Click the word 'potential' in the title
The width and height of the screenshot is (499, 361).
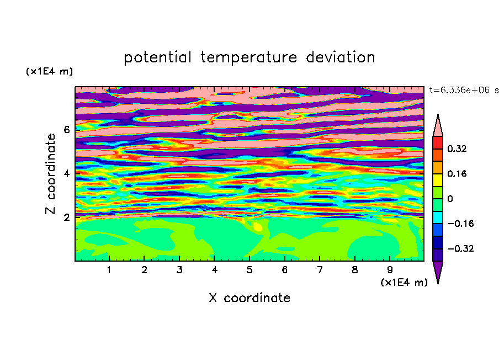[157, 58]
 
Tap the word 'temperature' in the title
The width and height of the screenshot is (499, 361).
[249, 58]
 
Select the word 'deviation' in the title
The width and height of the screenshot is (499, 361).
[341, 57]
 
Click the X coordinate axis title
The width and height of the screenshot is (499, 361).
[250, 298]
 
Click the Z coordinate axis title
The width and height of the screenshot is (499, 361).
[51, 174]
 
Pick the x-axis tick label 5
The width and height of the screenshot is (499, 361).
[250, 270]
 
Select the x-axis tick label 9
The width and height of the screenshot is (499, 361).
[390, 270]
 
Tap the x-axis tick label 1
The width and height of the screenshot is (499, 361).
[109, 270]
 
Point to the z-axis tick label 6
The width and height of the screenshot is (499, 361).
[66, 130]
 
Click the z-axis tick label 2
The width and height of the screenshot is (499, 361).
[66, 217]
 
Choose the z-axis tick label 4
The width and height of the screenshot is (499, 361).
[66, 174]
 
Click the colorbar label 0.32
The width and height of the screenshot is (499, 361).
[457, 148]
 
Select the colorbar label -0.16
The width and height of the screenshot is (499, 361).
[460, 224]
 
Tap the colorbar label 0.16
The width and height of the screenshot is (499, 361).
[457, 173]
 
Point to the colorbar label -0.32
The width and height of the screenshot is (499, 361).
[460, 248]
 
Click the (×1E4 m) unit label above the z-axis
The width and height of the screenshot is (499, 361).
[49, 71]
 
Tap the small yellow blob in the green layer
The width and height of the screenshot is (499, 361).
[257, 227]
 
